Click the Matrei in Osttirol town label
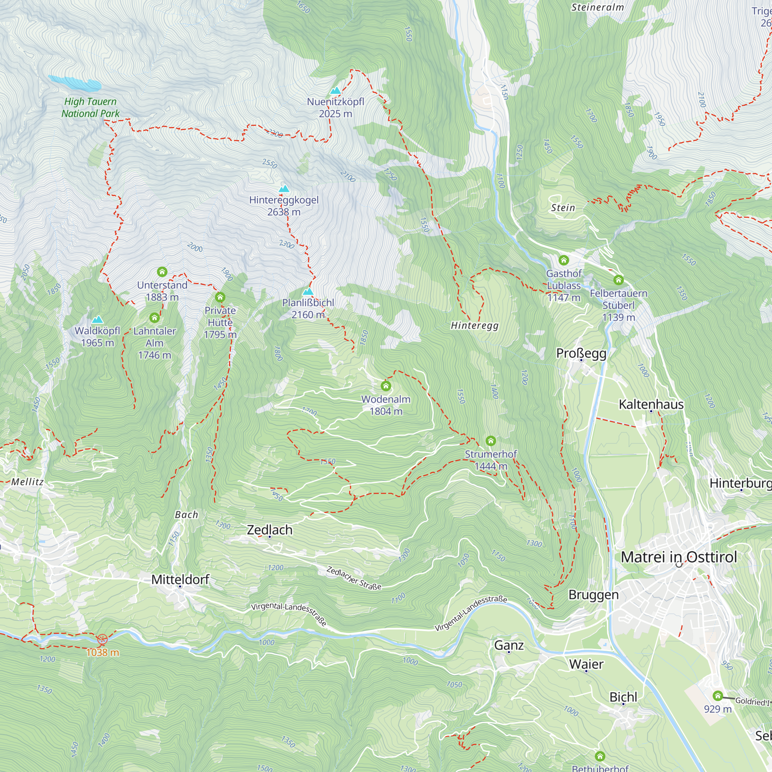[679, 557]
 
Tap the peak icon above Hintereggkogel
[284, 189]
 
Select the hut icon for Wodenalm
[386, 386]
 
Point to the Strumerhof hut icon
[491, 441]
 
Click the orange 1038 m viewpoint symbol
[102, 639]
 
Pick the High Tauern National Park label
[90, 107]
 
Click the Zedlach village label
[270, 530]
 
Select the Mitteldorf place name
[180, 579]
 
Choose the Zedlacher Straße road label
[354, 578]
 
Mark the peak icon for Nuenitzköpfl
[336, 90]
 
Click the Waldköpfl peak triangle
[98, 320]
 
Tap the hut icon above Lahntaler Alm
[155, 318]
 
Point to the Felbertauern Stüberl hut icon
[618, 280]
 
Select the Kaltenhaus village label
[651, 405]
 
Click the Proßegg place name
[581, 353]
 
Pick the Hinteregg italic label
[475, 325]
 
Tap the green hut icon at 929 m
[718, 696]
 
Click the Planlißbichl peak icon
[308, 291]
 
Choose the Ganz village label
[509, 645]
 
